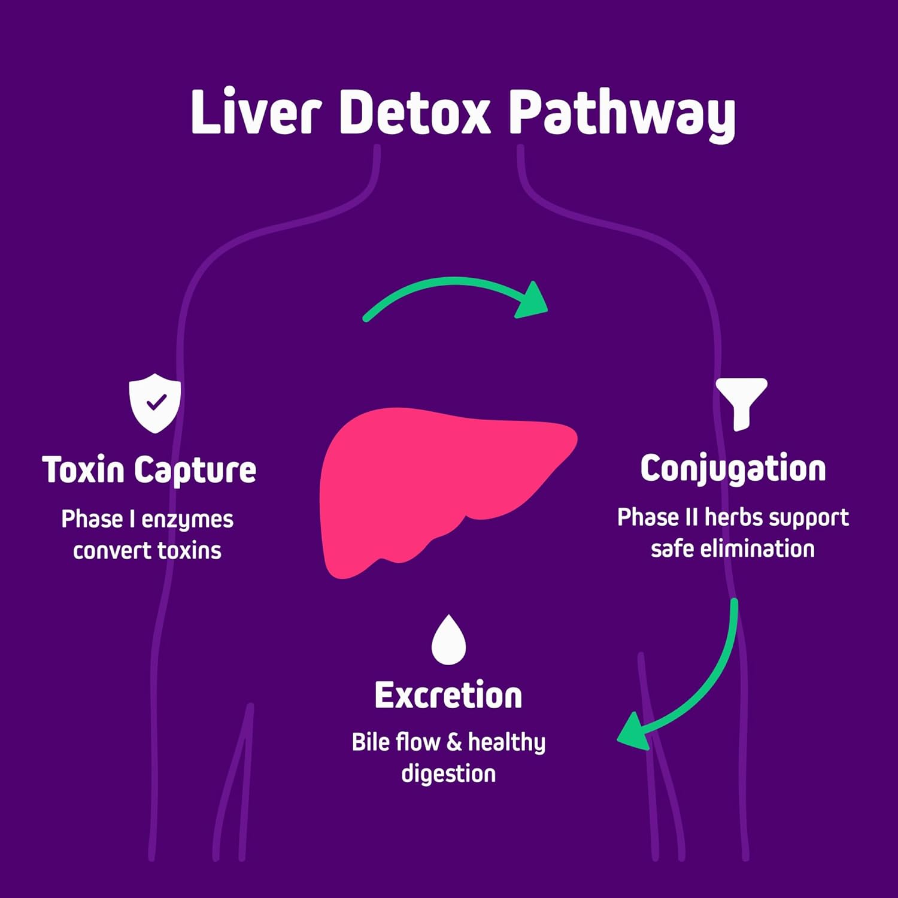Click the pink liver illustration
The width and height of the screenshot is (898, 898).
point(431,479)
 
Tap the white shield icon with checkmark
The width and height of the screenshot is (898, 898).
point(155,403)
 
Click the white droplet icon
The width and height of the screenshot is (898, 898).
point(448,641)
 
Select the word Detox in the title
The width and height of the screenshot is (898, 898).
point(414,113)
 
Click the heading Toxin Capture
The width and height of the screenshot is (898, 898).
point(149,470)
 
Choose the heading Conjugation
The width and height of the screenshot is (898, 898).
point(733,469)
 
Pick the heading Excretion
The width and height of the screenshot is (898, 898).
point(448,696)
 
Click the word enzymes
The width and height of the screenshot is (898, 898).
point(187,520)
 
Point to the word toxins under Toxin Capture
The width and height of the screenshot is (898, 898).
point(189,550)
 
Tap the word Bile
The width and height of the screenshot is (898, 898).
point(371,742)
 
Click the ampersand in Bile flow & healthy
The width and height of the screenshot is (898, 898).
point(454,743)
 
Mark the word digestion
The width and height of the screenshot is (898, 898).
point(448,773)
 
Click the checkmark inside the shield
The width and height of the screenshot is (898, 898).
point(156,402)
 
